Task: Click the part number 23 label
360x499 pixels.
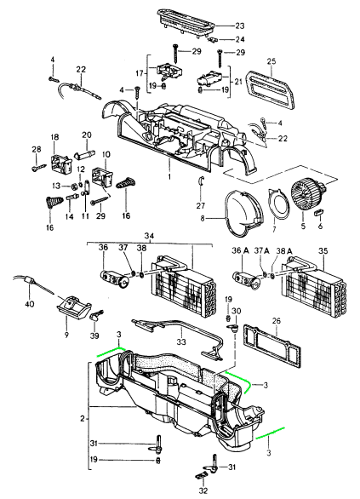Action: pyautogui.click(x=239, y=26)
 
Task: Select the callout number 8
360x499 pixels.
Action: pyautogui.click(x=203, y=219)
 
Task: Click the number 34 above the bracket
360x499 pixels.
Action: pyautogui.click(x=149, y=236)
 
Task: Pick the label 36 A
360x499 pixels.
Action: pyautogui.click(x=240, y=250)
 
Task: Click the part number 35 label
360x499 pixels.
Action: pyautogui.click(x=323, y=250)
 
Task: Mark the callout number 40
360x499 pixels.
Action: pyautogui.click(x=29, y=304)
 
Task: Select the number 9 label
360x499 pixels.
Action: pyautogui.click(x=66, y=336)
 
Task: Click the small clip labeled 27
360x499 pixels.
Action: pyautogui.click(x=200, y=181)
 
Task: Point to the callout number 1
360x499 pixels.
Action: pyautogui.click(x=169, y=175)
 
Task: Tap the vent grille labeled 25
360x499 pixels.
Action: pyautogui.click(x=271, y=90)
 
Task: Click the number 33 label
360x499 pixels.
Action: pyautogui.click(x=181, y=342)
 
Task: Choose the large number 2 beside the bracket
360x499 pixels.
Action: pyautogui.click(x=83, y=418)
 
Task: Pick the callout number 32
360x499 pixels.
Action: pyautogui.click(x=203, y=490)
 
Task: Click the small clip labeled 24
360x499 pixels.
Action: pyautogui.click(x=214, y=40)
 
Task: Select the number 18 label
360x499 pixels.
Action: pyautogui.click(x=54, y=137)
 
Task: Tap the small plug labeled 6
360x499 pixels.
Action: pyautogui.click(x=318, y=212)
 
